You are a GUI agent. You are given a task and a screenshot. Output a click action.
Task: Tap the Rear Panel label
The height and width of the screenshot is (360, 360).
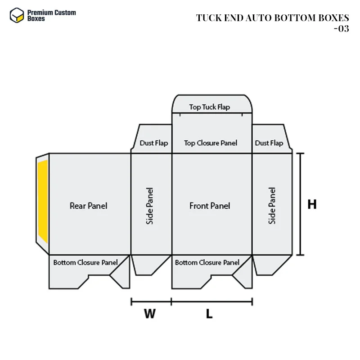(89, 206)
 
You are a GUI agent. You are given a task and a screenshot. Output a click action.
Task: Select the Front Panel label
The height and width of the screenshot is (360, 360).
(210, 206)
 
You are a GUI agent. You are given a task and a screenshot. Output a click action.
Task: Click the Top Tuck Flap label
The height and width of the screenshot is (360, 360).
(209, 107)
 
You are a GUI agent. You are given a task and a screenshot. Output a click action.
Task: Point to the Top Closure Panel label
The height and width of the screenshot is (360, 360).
(211, 143)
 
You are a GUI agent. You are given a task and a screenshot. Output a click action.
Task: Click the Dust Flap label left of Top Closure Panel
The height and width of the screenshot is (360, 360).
(153, 143)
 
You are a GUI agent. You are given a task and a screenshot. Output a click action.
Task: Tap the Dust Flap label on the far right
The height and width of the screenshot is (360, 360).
(269, 143)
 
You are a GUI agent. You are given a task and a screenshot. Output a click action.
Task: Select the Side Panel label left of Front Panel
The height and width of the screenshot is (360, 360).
(150, 206)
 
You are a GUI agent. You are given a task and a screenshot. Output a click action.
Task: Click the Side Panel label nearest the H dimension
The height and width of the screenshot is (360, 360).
(272, 206)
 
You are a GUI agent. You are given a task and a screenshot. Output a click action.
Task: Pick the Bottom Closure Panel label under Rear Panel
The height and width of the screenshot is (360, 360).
(85, 262)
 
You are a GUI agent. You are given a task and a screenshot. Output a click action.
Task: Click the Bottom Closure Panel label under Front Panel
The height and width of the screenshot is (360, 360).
(207, 262)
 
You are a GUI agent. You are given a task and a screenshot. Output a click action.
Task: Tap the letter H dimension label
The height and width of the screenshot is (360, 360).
(312, 204)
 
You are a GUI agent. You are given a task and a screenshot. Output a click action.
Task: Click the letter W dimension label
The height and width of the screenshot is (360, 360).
(150, 314)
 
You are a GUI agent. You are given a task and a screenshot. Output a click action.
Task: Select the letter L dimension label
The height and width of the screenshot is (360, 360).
(209, 314)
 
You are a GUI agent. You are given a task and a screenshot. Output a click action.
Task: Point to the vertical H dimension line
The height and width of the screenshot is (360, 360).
(301, 204)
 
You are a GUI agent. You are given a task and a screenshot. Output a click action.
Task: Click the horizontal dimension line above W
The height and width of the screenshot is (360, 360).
(151, 301)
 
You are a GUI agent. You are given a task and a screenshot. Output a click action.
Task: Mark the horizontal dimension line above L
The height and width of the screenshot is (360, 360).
(211, 301)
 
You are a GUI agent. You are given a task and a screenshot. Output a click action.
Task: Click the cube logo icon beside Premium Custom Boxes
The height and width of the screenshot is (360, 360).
(17, 15)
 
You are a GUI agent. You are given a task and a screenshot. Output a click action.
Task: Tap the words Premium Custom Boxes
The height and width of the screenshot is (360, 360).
(51, 16)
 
